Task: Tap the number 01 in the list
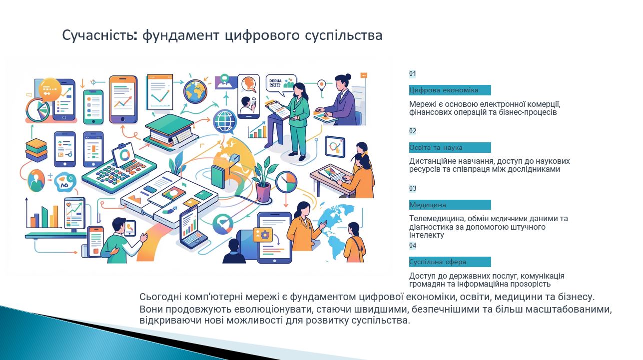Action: [413, 73]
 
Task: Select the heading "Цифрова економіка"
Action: [444, 90]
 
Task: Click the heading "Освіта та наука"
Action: [436, 147]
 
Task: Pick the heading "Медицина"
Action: [428, 205]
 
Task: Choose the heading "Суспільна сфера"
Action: [438, 262]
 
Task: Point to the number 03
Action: [413, 188]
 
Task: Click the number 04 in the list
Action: [413, 245]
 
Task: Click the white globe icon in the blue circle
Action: [225, 122]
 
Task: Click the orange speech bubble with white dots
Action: [50, 89]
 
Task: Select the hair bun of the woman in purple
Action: [348, 76]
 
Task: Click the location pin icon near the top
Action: [322, 84]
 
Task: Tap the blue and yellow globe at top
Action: [195, 92]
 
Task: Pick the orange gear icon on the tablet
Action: [264, 235]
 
